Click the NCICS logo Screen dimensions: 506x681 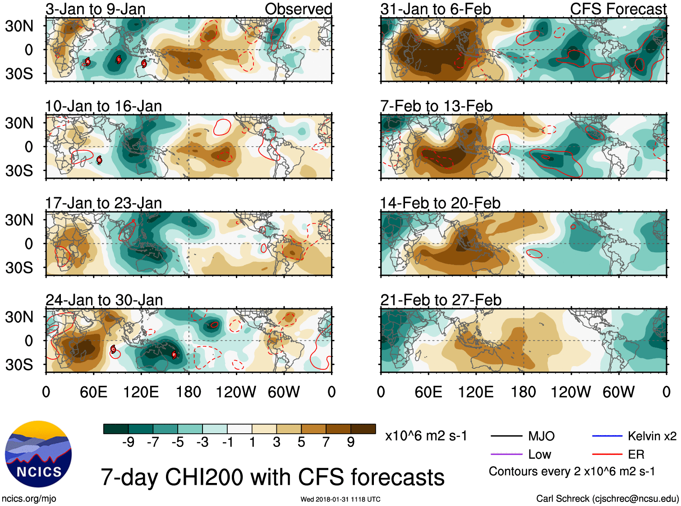[38, 454]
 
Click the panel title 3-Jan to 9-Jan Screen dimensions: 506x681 [96, 9]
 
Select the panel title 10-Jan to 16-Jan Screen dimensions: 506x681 [103, 106]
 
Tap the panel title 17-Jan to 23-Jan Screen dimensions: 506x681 [103, 203]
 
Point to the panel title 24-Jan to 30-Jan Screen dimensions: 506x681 [104, 300]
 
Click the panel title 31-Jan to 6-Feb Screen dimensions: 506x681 [436, 9]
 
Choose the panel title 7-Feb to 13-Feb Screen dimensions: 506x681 [437, 106]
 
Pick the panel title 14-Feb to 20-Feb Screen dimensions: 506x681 [440, 203]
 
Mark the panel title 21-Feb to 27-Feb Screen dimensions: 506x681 [441, 300]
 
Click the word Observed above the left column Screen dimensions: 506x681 [298, 9]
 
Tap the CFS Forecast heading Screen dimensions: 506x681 [618, 9]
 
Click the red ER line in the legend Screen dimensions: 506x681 [607, 454]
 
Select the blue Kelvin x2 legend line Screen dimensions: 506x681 [607, 436]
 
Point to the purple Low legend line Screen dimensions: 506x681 [506, 454]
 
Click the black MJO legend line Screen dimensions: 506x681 [506, 436]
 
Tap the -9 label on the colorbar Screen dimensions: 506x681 [129, 442]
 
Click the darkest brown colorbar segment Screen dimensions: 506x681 [363, 429]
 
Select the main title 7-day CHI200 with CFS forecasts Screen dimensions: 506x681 [272, 477]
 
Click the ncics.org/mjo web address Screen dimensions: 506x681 [29, 499]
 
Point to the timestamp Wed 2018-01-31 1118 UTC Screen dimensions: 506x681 [340, 499]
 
